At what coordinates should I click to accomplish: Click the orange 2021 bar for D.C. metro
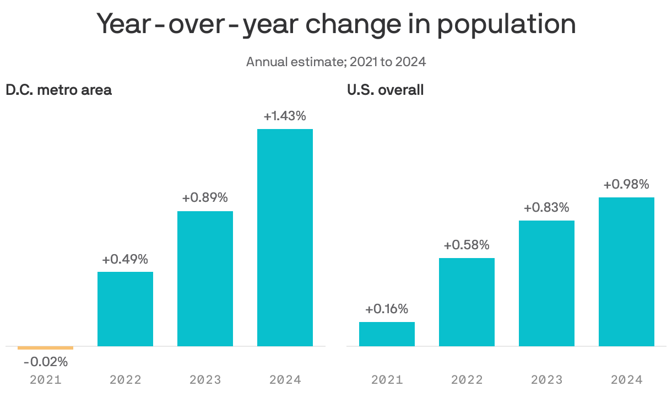[45, 348]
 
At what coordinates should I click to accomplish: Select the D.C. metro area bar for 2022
[125, 309]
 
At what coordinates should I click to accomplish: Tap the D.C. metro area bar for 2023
[205, 278]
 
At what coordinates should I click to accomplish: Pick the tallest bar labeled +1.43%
[285, 237]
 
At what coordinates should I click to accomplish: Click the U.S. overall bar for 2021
[387, 334]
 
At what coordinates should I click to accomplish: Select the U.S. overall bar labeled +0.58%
[467, 302]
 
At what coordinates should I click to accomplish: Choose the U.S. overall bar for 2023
[546, 283]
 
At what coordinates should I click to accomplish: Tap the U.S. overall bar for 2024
[626, 272]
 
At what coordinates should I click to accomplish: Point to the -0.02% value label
[45, 362]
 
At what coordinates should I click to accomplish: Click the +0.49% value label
[125, 259]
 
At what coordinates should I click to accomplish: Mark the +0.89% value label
[205, 198]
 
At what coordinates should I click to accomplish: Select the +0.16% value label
[387, 309]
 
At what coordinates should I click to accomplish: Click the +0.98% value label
[626, 185]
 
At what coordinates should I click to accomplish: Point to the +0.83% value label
[546, 208]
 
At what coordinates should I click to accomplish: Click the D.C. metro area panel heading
[58, 90]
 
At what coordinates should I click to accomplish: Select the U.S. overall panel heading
[385, 90]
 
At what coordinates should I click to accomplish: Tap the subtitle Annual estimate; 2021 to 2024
[336, 62]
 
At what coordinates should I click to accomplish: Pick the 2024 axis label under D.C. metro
[285, 380]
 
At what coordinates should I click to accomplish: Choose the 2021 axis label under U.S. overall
[387, 380]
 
